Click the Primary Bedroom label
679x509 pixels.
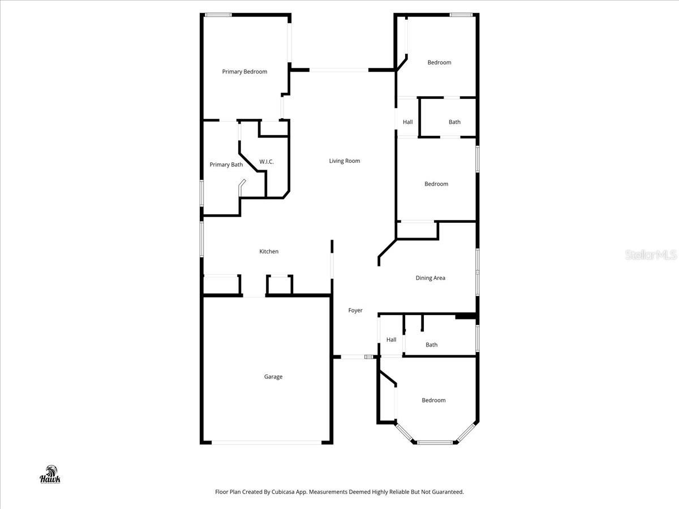tap(244, 72)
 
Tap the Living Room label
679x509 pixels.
tap(345, 161)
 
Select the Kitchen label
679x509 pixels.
tap(269, 252)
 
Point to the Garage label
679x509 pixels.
tap(273, 377)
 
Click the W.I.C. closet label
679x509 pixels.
tap(267, 162)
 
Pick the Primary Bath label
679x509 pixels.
tap(226, 165)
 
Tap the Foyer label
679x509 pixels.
tap(355, 310)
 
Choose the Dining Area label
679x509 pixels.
tap(431, 278)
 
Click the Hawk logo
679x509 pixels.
tap(50, 475)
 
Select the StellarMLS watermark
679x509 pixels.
tap(651, 256)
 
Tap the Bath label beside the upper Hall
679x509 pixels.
tap(454, 122)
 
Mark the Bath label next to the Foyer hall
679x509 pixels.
tap(432, 345)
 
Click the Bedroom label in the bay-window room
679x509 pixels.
tap(433, 400)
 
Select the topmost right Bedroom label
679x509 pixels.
tap(439, 63)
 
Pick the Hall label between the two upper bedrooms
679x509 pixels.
tap(408, 122)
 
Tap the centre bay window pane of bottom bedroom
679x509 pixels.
tap(435, 442)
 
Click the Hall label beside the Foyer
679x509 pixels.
tap(392, 340)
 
